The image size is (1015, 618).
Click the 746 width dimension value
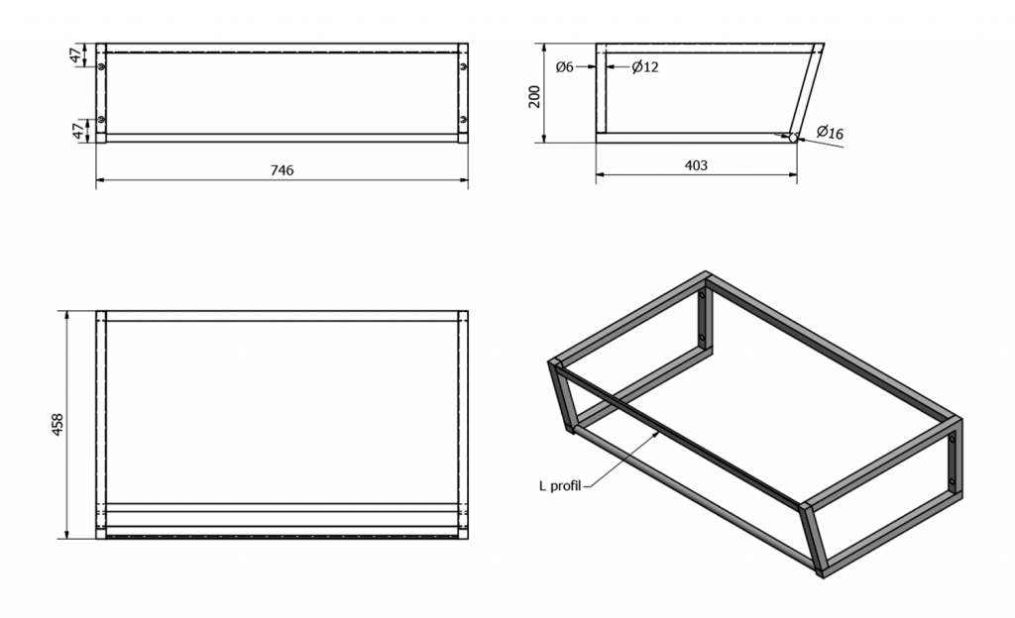tap(282, 170)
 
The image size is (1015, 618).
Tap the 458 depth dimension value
tap(56, 425)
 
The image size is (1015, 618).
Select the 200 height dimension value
tap(534, 96)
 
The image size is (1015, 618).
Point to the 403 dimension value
tap(696, 165)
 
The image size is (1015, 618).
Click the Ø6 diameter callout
tap(564, 66)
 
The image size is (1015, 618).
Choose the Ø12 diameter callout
tap(645, 66)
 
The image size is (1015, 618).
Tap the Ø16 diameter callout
tap(830, 133)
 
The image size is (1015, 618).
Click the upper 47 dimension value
tap(77, 54)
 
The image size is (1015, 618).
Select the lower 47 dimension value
tap(77, 132)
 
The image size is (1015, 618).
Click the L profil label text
tap(560, 485)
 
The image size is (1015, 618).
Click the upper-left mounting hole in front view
tap(102, 66)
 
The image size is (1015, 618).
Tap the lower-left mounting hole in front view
tap(102, 119)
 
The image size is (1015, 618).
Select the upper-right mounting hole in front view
tap(464, 66)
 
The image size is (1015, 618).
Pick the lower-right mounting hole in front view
tap(464, 119)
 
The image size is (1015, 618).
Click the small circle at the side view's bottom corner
tap(793, 138)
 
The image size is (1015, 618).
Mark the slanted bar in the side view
tap(805, 91)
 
